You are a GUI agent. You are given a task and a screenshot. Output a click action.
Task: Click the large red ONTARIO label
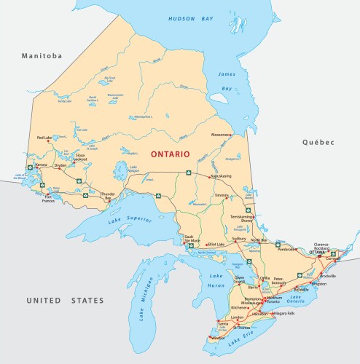170,154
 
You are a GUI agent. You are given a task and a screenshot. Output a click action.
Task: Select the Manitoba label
42,56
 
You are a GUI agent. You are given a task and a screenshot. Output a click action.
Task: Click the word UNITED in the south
45,300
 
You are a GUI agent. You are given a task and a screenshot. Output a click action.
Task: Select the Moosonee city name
220,134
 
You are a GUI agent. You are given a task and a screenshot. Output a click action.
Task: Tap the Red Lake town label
45,138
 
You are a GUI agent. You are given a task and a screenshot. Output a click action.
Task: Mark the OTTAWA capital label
318,252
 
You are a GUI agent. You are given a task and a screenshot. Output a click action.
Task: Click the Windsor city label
217,337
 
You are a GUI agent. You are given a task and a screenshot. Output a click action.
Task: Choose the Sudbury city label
239,239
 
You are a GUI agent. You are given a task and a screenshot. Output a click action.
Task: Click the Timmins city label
222,197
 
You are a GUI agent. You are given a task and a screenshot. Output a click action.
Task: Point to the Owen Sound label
241,279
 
